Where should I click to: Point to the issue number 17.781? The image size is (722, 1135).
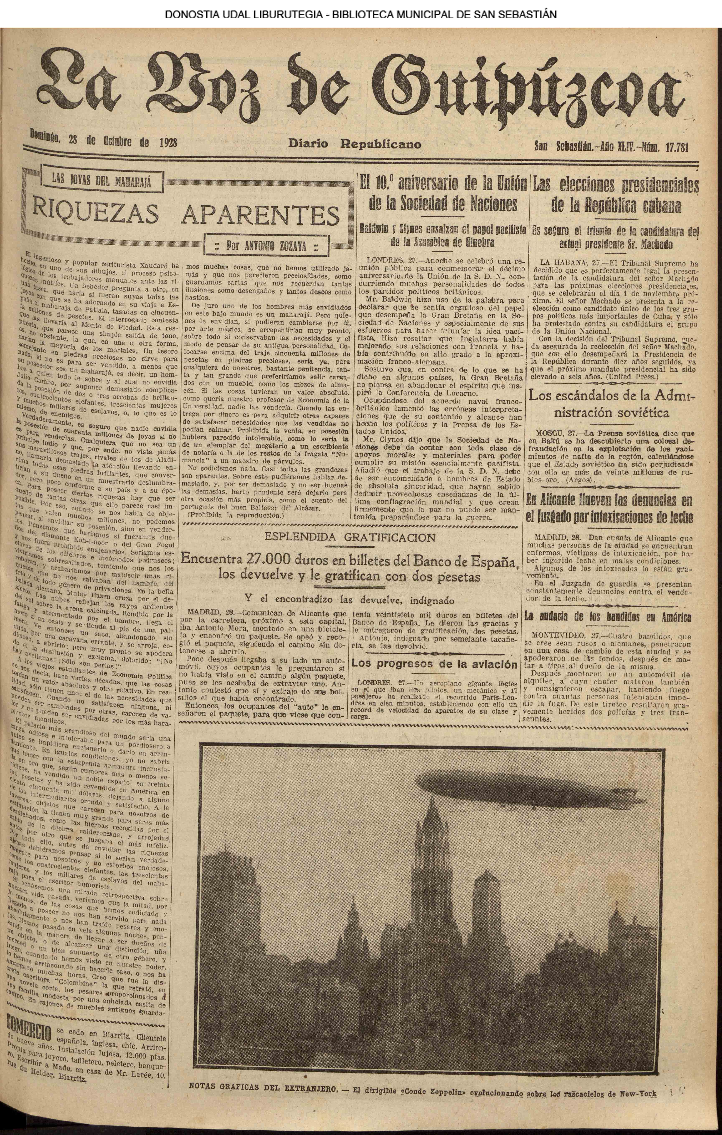coord(677,147)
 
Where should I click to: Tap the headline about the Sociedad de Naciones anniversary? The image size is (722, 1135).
coord(443,193)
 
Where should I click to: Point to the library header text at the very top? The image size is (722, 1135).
coord(360,15)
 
